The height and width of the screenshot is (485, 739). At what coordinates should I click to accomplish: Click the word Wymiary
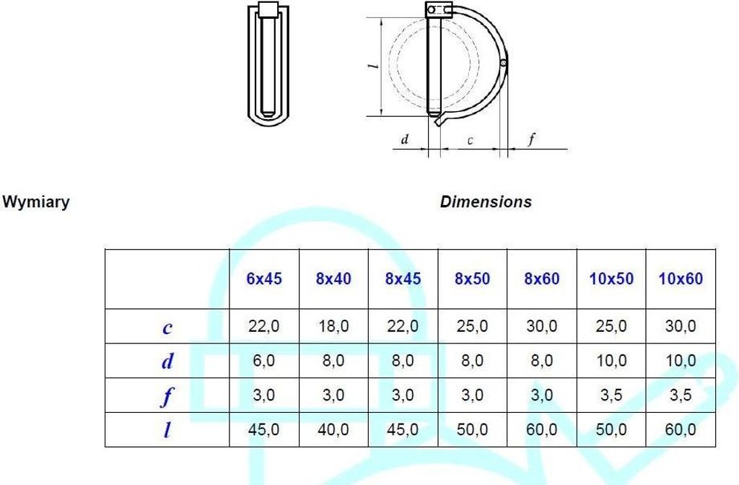point(36,202)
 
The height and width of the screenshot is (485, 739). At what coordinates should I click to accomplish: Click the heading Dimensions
point(486,202)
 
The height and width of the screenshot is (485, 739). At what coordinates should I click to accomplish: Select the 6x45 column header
point(264,279)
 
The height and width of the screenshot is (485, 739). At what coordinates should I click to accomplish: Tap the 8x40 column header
point(333,279)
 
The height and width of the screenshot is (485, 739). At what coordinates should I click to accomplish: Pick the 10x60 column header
point(681,279)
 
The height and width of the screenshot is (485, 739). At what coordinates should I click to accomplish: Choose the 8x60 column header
point(542,279)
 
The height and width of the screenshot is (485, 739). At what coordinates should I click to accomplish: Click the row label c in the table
point(167,328)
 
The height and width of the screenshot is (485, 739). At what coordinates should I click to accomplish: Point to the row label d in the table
point(167,361)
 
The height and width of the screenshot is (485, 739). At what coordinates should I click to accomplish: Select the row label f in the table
point(167,396)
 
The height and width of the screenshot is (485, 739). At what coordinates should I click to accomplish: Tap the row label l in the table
point(167,430)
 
